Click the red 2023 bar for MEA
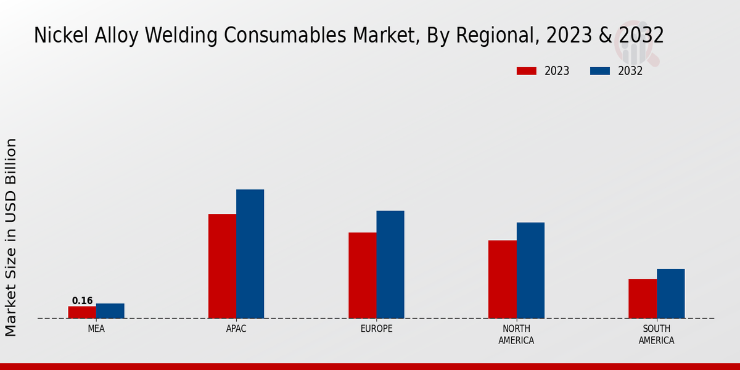(x=82, y=312)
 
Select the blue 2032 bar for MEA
(x=110, y=311)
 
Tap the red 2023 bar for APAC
(x=222, y=266)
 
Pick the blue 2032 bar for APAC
(x=250, y=253)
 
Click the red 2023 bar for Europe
(x=363, y=275)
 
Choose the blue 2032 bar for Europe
(x=390, y=264)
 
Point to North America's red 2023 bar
(x=503, y=279)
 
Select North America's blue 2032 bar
(x=530, y=270)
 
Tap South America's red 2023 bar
(x=643, y=298)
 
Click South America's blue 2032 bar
(x=670, y=294)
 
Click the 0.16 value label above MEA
(x=82, y=301)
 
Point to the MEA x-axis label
(x=96, y=329)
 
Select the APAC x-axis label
(x=236, y=329)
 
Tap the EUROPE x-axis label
(x=376, y=329)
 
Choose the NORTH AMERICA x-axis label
(x=516, y=334)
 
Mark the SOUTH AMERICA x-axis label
(x=656, y=334)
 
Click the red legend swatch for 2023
(x=527, y=71)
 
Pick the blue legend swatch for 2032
(x=600, y=71)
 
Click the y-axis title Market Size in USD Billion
(x=11, y=237)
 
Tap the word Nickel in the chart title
(x=57, y=36)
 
